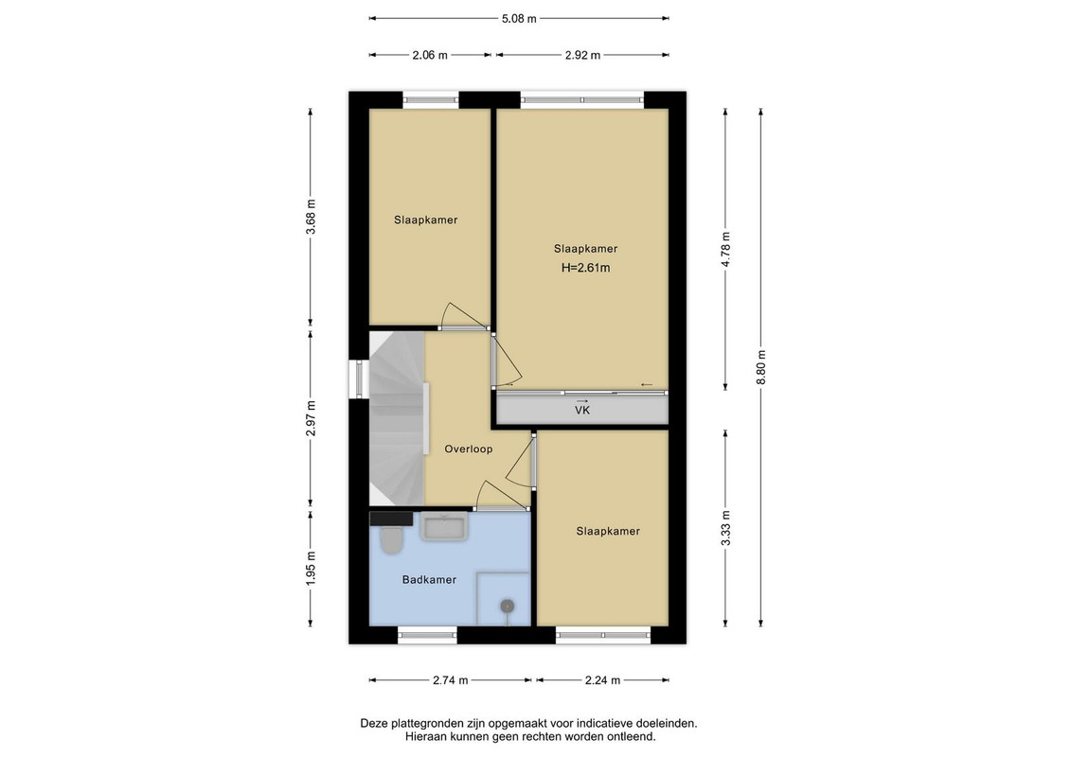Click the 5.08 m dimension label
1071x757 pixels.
point(519,18)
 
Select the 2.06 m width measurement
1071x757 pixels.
point(430,55)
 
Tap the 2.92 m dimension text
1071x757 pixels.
point(582,55)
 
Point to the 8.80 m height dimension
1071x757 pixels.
point(761,367)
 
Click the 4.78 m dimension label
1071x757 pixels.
point(726,250)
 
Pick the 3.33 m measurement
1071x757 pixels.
point(726,528)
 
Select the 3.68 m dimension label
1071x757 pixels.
point(311,217)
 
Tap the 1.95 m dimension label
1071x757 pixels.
point(311,568)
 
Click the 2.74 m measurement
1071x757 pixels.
point(450,679)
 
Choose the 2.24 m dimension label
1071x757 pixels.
point(602,679)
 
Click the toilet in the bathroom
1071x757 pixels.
point(392,540)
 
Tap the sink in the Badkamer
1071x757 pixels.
point(444,528)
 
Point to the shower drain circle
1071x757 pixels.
point(508,606)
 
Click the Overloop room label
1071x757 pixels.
point(469,449)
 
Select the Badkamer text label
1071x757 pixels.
point(429,579)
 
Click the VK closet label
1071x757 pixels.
point(582,411)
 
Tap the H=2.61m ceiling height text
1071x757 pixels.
point(586,268)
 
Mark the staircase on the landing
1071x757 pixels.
point(397,418)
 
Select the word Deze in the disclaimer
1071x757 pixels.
point(374,723)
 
